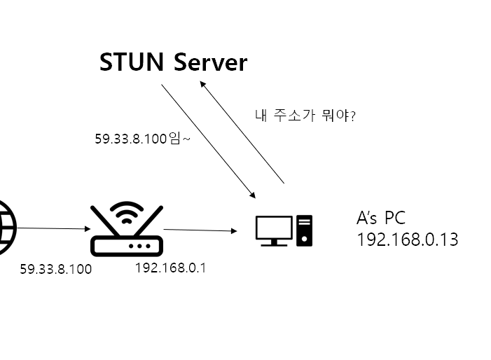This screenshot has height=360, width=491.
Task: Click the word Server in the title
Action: (x=210, y=62)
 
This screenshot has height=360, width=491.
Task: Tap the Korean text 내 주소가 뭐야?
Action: (x=304, y=114)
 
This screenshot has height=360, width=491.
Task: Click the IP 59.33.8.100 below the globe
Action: (x=55, y=269)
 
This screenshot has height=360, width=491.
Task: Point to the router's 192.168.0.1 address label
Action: (x=171, y=268)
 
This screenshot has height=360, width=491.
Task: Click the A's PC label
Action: (x=380, y=218)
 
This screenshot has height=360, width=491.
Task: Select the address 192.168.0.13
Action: (x=407, y=240)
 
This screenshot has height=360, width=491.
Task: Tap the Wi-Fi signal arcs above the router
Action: (x=127, y=211)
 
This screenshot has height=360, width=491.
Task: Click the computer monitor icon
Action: (x=273, y=230)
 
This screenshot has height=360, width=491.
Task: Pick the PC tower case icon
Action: (x=304, y=230)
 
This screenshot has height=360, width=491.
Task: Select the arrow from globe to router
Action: (x=49, y=228)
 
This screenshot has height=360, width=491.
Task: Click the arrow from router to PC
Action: (x=198, y=230)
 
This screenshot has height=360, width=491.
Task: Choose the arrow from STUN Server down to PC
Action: (x=208, y=140)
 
